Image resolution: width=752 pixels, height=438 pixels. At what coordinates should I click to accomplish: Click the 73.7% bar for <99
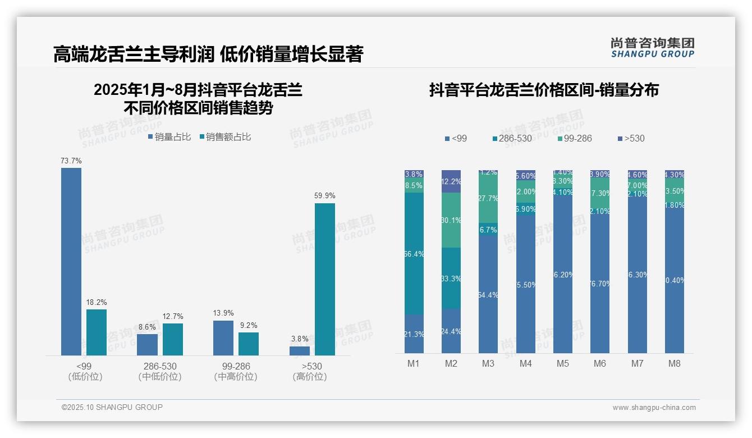click(x=71, y=261)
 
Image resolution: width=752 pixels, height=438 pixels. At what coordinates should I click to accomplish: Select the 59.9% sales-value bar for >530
click(x=324, y=279)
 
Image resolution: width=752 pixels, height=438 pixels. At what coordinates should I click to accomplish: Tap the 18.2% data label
click(x=97, y=302)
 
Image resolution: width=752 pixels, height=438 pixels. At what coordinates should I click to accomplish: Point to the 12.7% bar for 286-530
click(x=173, y=339)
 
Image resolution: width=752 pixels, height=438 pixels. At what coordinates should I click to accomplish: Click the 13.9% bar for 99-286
click(x=223, y=337)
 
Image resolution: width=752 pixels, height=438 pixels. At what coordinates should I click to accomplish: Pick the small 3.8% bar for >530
click(x=300, y=350)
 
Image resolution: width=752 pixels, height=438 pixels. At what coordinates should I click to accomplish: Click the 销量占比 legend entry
click(x=169, y=136)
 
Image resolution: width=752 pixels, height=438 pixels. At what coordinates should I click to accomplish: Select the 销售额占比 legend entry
click(x=225, y=136)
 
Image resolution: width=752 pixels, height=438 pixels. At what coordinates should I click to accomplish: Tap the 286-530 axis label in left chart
click(x=160, y=367)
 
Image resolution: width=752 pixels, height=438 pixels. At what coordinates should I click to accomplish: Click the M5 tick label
click(x=563, y=363)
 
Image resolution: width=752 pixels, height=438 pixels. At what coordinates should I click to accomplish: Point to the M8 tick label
click(x=675, y=363)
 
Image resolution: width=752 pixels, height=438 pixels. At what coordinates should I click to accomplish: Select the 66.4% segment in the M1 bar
click(x=414, y=254)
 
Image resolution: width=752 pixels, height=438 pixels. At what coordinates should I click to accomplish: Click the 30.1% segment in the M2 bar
click(x=451, y=220)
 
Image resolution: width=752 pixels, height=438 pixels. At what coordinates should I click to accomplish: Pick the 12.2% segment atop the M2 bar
click(x=451, y=181)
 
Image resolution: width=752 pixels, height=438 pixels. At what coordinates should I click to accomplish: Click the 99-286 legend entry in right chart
click(x=575, y=138)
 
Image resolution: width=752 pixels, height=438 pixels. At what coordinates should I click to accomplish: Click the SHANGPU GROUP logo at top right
click(x=652, y=47)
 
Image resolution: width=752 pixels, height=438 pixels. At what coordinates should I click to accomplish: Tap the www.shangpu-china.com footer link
click(x=654, y=408)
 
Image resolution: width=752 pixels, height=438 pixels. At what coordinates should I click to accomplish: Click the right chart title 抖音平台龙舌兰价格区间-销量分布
click(x=544, y=90)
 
